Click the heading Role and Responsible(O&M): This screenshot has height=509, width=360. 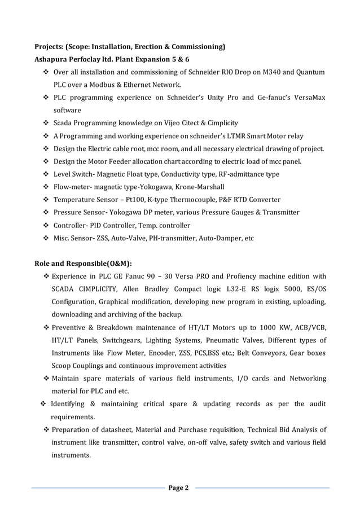(84, 263)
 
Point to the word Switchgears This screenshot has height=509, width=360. (115, 340)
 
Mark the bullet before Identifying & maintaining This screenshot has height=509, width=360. (43, 404)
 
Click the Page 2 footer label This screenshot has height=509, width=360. (179, 488)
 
